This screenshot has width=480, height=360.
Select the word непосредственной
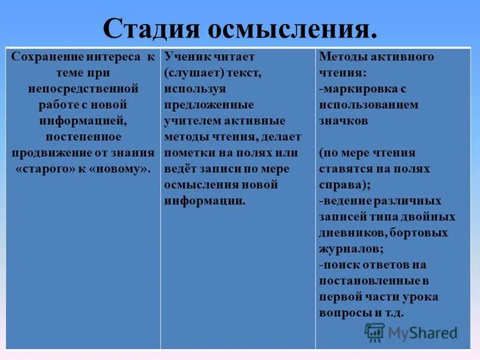(x=83, y=89)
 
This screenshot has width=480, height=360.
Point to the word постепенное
(x=83, y=137)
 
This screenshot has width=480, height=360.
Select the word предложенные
(x=200, y=105)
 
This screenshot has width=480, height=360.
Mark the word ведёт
(x=181, y=169)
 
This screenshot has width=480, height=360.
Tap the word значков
(x=344, y=121)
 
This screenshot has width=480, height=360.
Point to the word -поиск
(x=338, y=265)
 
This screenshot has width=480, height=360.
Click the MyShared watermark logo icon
(x=375, y=331)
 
